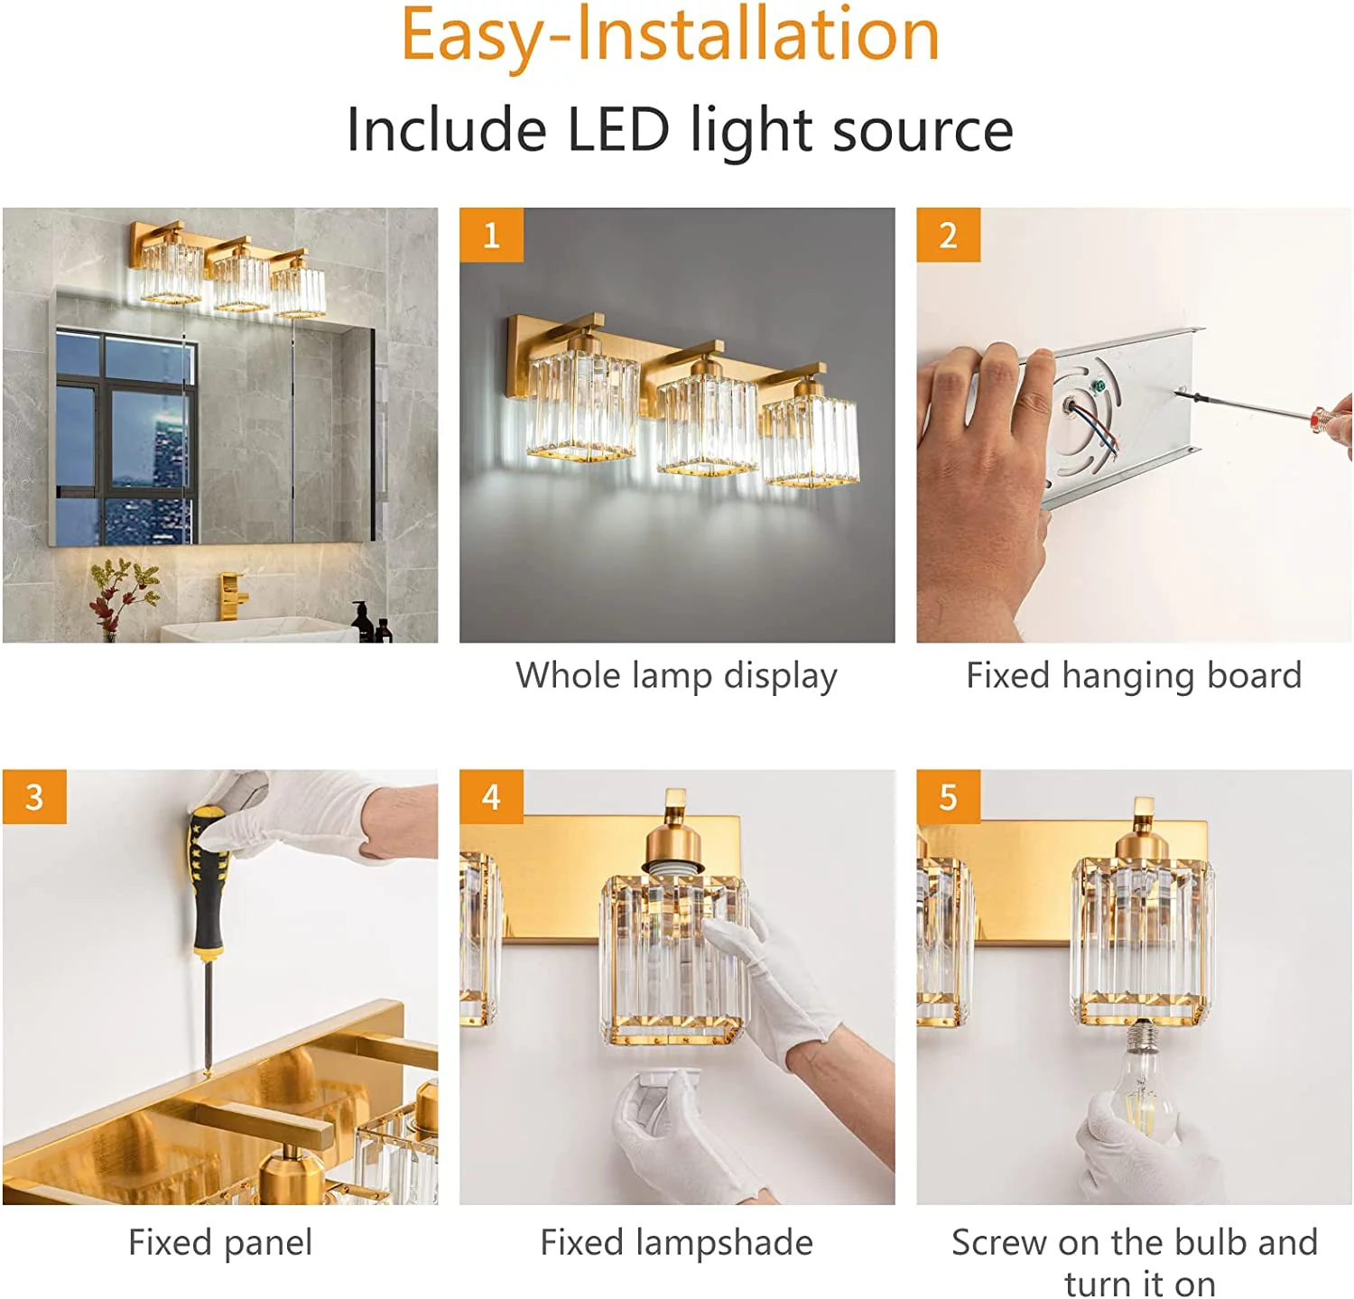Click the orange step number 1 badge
pos(491,235)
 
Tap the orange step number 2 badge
pos(948,235)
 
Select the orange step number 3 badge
pos(34,796)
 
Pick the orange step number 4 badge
pos(491,796)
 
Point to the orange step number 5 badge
pos(948,796)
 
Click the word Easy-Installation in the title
pos(670,36)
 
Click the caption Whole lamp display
pos(676,675)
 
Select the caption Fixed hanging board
pos(1134,675)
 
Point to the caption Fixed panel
pos(220,1242)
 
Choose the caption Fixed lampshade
pos(676,1242)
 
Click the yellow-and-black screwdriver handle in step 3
pos(208,880)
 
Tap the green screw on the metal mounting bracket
pos(1099,386)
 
